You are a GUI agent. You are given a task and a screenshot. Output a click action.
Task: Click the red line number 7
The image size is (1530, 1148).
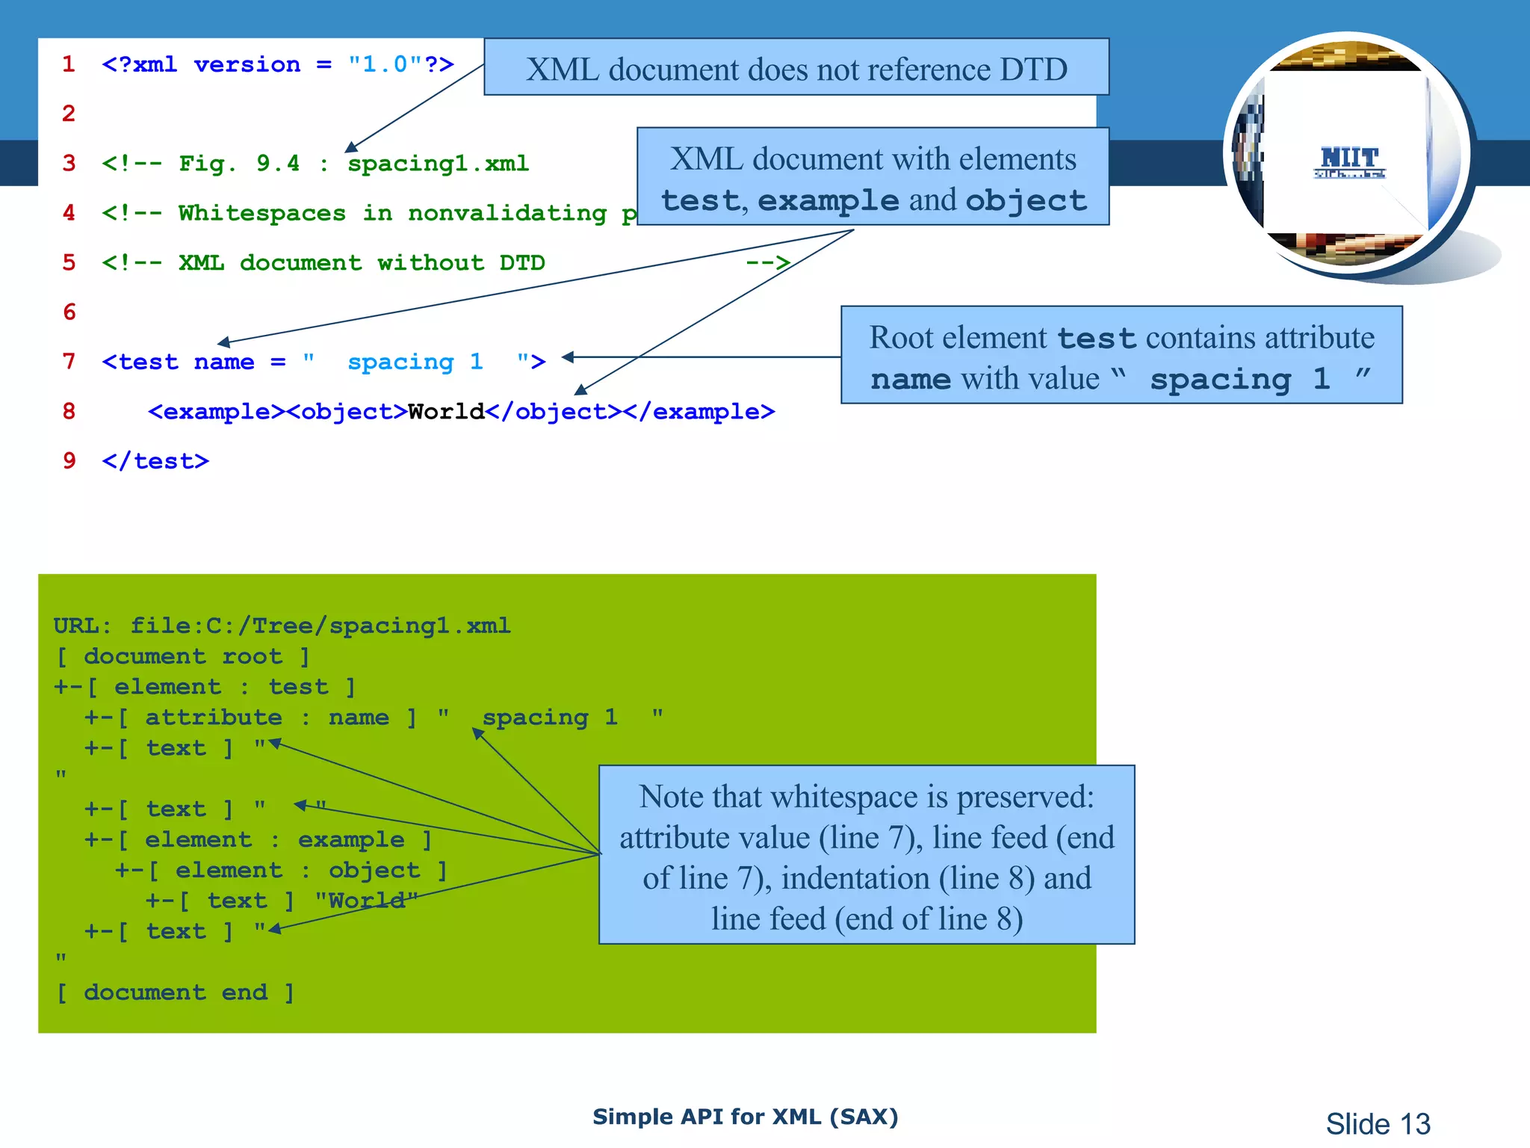point(69,362)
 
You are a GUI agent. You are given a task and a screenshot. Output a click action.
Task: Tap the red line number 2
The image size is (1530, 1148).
point(69,114)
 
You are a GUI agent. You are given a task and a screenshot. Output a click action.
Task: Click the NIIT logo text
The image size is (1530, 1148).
point(1349,158)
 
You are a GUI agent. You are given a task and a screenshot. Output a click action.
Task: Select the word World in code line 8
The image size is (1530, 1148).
point(446,412)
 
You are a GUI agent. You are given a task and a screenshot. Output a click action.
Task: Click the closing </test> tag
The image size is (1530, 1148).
point(155,461)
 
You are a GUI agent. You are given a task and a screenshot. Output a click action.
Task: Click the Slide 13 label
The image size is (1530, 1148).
point(1378,1123)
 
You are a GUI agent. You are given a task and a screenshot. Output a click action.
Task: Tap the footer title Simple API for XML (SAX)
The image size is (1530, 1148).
point(745,1117)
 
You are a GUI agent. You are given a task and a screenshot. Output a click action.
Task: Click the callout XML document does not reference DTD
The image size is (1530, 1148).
point(796,69)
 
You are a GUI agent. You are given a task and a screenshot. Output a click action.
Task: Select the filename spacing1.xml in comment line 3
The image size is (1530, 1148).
point(438,163)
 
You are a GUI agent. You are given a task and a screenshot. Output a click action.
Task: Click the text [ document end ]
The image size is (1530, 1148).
point(176,993)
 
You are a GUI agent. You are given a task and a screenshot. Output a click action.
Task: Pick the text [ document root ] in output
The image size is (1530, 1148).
point(183,657)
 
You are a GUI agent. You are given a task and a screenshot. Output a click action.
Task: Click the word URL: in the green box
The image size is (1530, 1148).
point(82,626)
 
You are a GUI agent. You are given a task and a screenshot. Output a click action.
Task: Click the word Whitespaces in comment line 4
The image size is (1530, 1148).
point(261,213)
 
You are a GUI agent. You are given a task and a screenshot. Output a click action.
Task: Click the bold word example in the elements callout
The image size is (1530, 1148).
point(828,200)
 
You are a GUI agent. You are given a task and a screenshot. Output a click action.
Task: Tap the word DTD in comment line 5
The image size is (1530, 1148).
point(521,263)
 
